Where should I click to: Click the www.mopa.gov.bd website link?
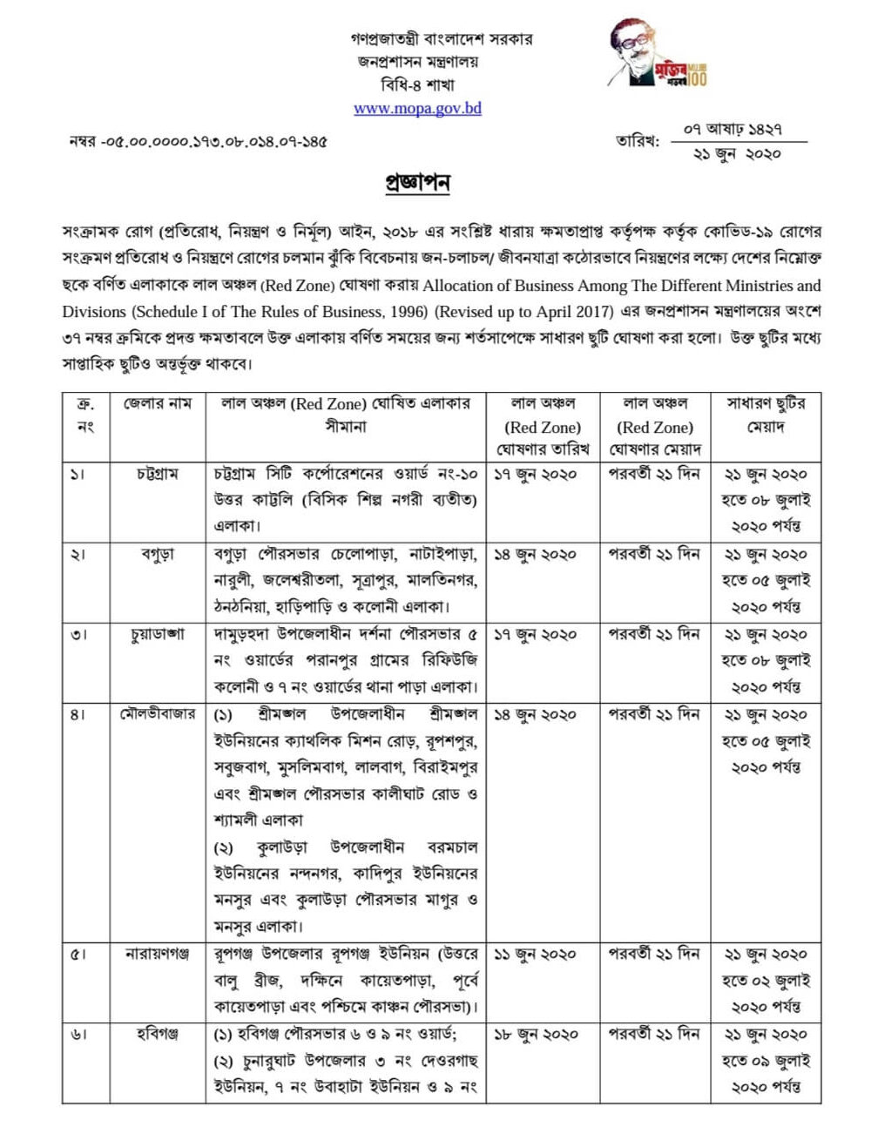pyautogui.click(x=417, y=109)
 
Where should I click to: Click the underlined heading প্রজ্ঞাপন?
pyautogui.click(x=417, y=184)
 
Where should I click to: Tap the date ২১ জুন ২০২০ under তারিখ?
pyautogui.click(x=736, y=154)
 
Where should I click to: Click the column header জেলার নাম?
pyautogui.click(x=158, y=404)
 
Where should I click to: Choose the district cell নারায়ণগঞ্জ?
pyautogui.click(x=158, y=955)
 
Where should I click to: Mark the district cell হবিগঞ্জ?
pyautogui.click(x=158, y=1035)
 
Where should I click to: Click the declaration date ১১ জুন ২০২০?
pyautogui.click(x=535, y=955)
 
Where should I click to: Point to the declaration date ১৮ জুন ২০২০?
pyautogui.click(x=535, y=1035)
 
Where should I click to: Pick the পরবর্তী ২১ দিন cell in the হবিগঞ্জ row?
pyautogui.click(x=653, y=1035)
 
